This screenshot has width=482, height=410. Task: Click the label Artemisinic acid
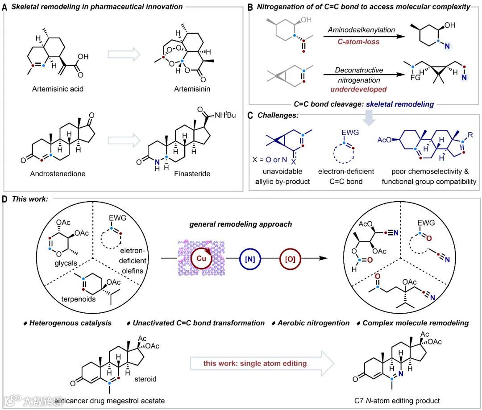[x=58, y=89]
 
